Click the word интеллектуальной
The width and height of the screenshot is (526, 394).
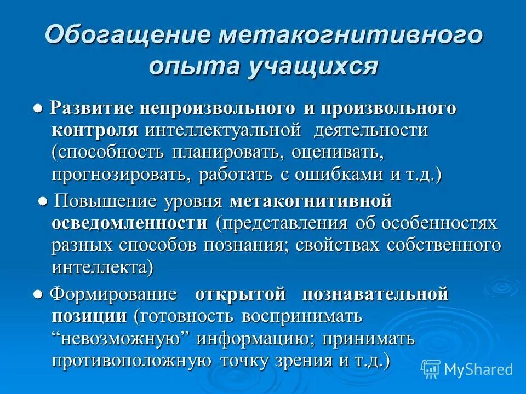pos(224,131)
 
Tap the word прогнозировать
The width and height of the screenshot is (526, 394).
pos(122,175)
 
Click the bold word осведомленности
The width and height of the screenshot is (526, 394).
pos(130,223)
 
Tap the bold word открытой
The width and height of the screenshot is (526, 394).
pos(241,294)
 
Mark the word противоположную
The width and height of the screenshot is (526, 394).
pos(132,361)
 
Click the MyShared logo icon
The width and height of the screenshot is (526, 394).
pos(431,368)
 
